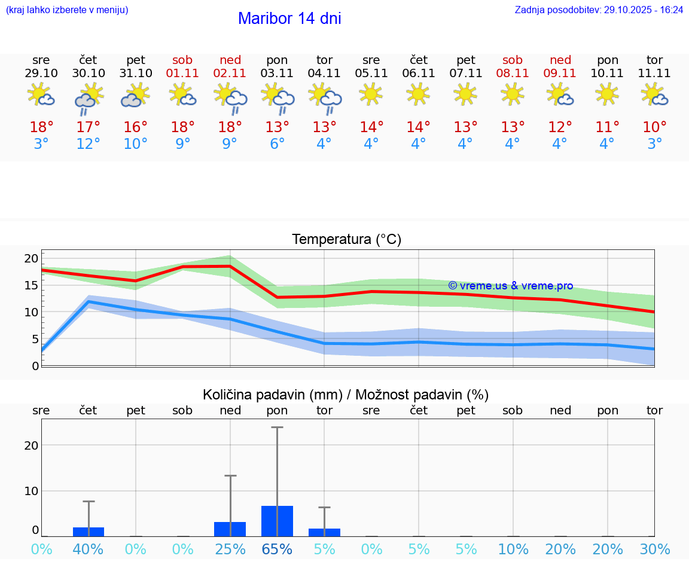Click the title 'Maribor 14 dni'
click(289, 19)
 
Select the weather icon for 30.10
click(89, 98)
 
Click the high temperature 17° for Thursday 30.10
click(89, 127)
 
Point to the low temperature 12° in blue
click(89, 144)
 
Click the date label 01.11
click(183, 74)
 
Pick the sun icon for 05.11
click(371, 94)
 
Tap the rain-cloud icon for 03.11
click(278, 98)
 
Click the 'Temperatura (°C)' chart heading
click(346, 240)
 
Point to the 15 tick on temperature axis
click(31, 285)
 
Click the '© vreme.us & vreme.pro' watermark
click(510, 286)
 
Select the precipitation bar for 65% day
click(278, 521)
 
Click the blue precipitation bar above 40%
click(89, 532)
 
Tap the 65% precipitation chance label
click(278, 549)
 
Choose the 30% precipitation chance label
click(654, 549)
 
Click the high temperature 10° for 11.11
click(654, 127)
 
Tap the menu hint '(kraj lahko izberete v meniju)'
click(67, 10)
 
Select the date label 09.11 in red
click(560, 74)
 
